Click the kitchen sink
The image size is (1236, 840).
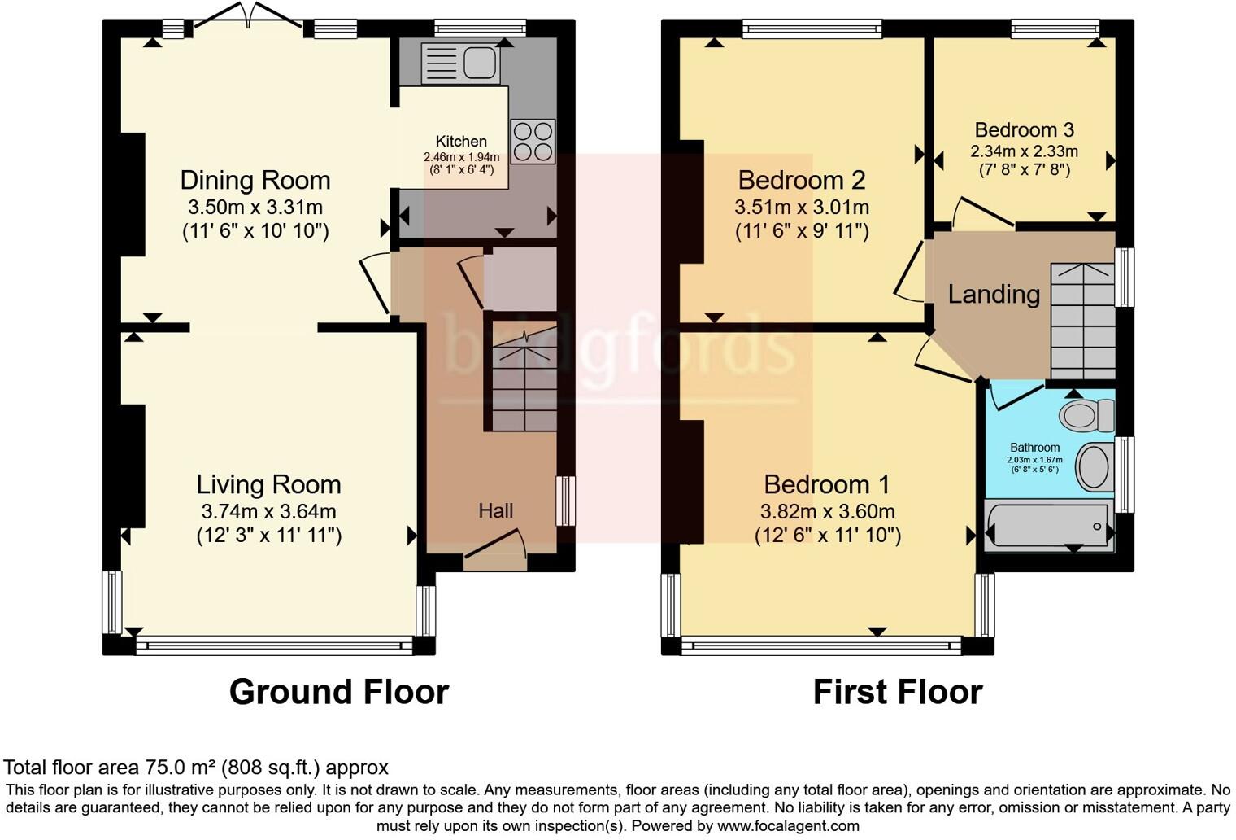tap(460, 63)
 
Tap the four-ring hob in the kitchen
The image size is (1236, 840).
tap(533, 141)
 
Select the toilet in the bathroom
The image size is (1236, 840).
tap(1086, 415)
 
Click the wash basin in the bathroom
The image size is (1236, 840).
tap(1094, 467)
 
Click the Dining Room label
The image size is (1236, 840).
tap(255, 180)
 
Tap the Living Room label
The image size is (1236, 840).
tap(268, 484)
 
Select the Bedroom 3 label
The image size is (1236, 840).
tap(1024, 130)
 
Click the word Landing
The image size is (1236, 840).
tap(994, 294)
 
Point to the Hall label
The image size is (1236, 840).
tap(495, 510)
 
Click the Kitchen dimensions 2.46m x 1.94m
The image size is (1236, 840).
tap(461, 157)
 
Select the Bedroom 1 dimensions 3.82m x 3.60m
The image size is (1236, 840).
tap(827, 512)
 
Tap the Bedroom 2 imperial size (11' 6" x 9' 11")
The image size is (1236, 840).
tap(802, 231)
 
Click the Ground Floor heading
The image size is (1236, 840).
tap(338, 692)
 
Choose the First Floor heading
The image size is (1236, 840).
tap(897, 692)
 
